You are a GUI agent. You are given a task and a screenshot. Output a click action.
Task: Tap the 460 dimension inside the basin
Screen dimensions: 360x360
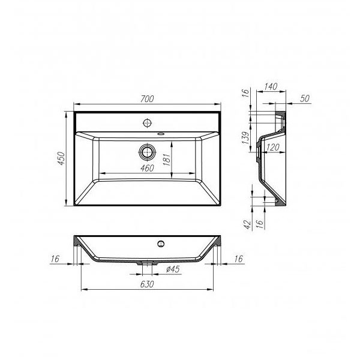[x=146, y=168]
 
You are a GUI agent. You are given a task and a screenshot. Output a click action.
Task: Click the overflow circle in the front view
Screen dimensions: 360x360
[x=160, y=244]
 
